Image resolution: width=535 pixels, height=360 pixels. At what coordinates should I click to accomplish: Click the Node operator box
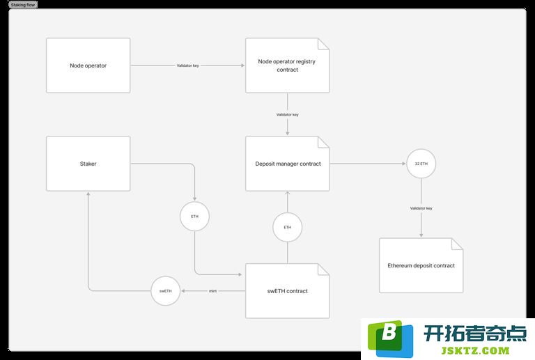click(x=88, y=65)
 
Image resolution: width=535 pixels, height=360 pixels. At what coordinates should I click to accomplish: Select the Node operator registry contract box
click(x=287, y=65)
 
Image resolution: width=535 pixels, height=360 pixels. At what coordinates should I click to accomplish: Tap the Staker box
click(x=88, y=164)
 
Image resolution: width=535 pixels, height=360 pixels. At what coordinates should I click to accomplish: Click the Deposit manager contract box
click(x=287, y=164)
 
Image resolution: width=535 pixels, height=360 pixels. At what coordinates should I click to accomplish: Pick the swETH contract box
click(x=287, y=291)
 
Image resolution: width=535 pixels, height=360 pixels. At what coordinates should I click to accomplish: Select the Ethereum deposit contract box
click(x=421, y=265)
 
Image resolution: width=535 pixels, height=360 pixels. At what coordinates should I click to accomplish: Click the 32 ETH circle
click(x=421, y=164)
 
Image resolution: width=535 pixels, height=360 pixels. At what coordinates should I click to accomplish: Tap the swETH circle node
click(x=166, y=291)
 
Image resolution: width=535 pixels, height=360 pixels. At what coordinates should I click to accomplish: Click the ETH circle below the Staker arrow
click(x=194, y=216)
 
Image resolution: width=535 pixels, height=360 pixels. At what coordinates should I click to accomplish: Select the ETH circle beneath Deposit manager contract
click(x=287, y=227)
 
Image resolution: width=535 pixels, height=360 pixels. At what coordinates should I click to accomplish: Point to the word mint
click(x=212, y=291)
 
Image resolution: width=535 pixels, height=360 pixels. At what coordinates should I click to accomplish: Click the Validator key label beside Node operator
click(x=187, y=65)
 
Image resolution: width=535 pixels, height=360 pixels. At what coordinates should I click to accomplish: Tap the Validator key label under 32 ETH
click(x=421, y=208)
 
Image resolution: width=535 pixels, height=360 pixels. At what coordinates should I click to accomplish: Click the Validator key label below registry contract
click(x=287, y=114)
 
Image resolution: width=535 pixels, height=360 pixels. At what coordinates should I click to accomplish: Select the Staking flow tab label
click(x=23, y=5)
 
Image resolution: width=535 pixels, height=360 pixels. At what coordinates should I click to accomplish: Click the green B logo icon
click(x=390, y=338)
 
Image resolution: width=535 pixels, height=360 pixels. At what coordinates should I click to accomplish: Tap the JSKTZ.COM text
click(x=475, y=350)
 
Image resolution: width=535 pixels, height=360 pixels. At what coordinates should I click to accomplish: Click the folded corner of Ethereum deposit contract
click(x=458, y=244)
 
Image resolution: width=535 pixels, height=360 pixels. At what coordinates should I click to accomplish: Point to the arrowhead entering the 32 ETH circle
click(x=403, y=164)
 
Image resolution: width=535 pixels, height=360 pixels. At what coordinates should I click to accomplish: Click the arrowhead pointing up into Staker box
click(x=88, y=194)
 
